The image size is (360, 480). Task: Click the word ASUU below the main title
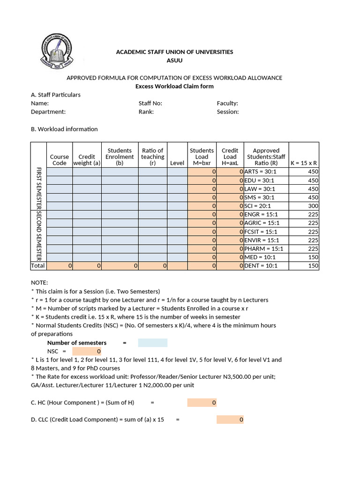(175, 60)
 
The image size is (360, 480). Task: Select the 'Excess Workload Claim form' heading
(174, 86)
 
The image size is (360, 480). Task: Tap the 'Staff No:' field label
(150, 103)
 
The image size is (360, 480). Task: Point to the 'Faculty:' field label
(227, 103)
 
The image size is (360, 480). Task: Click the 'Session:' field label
(228, 112)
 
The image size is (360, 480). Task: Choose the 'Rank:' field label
(146, 112)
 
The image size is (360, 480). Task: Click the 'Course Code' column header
(60, 160)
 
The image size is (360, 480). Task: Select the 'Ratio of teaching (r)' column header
(153, 157)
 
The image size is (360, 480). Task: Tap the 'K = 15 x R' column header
(304, 163)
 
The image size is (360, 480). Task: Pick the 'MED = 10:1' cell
(260, 257)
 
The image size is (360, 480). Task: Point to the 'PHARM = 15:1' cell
(264, 248)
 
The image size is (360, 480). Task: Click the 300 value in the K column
(313, 206)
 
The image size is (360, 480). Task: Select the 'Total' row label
(38, 266)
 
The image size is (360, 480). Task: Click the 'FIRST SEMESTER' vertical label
(38, 188)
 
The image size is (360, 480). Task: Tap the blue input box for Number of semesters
(152, 343)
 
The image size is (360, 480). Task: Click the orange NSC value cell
(87, 351)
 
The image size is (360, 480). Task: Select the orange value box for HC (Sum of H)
(202, 402)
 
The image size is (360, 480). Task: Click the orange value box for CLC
(230, 420)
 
